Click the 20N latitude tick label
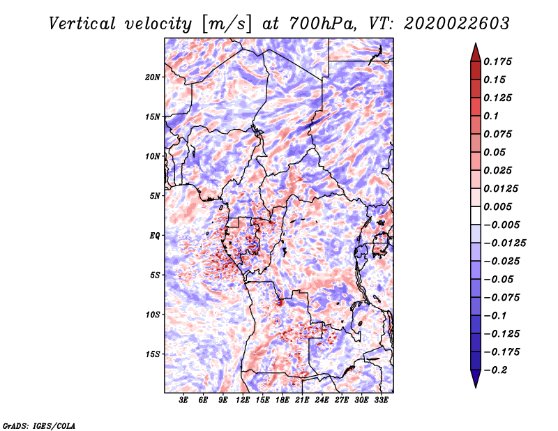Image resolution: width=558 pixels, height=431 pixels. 153,77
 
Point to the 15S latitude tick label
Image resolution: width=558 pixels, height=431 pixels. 153,354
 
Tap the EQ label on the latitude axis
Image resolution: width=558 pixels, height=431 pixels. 154,235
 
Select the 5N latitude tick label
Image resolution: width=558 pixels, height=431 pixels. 154,195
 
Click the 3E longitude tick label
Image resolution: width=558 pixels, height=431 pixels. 184,401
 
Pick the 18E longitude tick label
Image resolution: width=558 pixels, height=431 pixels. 282,401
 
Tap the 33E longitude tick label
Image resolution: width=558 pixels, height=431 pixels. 381,401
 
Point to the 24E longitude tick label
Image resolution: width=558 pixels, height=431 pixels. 322,401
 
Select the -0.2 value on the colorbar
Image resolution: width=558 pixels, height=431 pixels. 497,370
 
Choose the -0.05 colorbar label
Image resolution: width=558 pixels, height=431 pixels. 497,279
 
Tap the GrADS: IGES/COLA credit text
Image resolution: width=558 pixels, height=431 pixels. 38,425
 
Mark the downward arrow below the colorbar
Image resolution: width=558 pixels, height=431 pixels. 475,379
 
